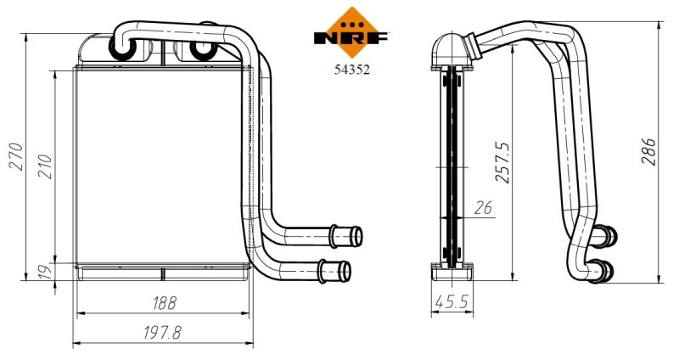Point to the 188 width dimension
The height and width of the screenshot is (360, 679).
coord(164,302)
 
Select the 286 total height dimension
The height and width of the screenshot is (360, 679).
coord(649,151)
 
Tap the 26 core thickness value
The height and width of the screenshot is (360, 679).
coord(483,206)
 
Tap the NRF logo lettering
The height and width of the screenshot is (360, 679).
coord(351,38)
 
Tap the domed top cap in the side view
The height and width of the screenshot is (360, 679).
coord(448,49)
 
